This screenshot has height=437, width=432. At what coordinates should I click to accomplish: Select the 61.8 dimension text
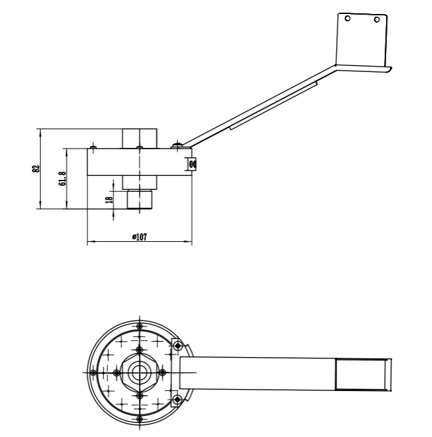pos(62,179)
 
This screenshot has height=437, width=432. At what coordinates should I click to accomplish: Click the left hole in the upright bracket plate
pos(347,19)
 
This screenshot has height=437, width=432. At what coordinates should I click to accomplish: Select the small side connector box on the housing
pos(192,163)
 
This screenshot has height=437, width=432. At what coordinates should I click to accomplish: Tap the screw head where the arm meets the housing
pos(177,145)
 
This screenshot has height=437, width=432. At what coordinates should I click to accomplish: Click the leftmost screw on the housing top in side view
pos(93,147)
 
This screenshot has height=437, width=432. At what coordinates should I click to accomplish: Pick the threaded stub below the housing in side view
pos(139,198)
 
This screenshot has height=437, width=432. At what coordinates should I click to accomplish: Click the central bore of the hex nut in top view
pos(139,372)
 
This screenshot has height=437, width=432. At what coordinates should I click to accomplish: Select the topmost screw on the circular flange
pos(139,326)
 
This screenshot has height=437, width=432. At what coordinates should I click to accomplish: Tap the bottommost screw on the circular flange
pos(139,419)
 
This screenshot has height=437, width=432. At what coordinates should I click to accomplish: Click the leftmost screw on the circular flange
pos(93,372)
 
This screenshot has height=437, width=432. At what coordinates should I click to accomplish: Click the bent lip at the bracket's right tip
pos(388,68)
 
